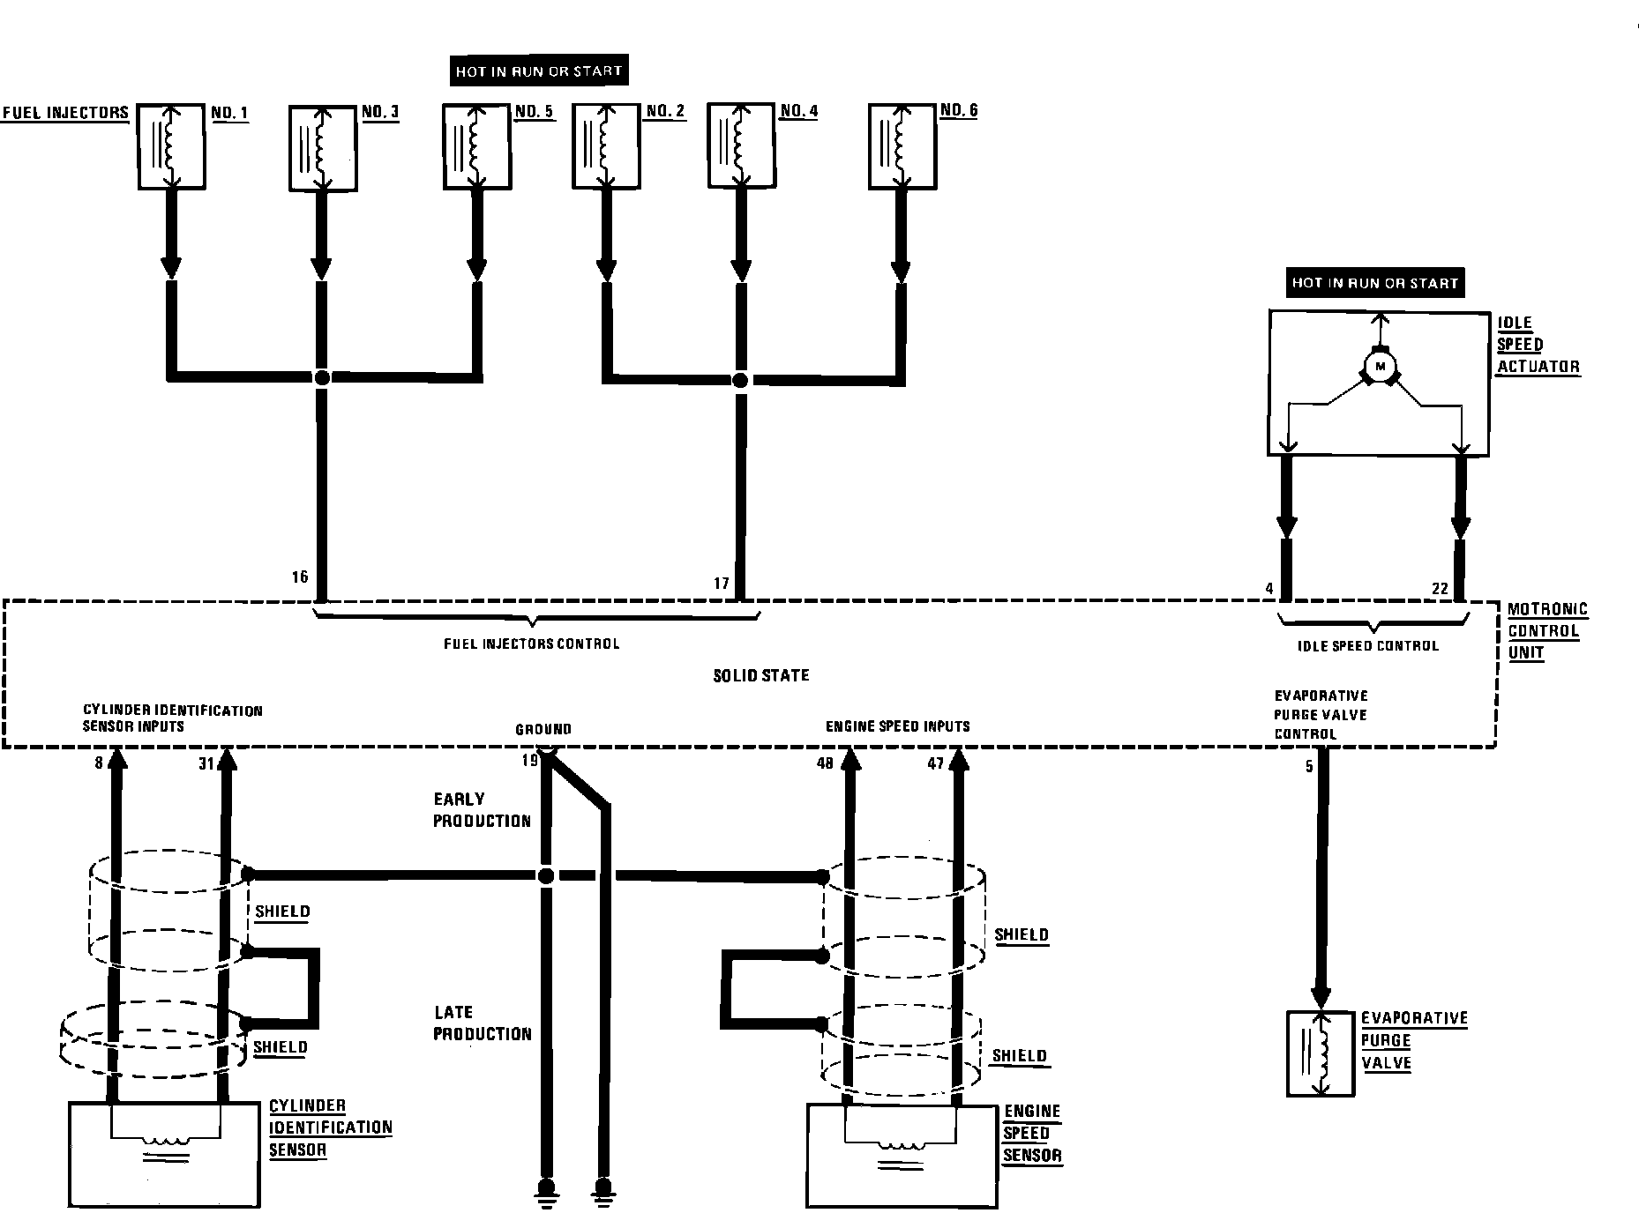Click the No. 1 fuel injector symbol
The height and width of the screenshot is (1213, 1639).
point(172,146)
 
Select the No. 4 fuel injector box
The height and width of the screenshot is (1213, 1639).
point(742,146)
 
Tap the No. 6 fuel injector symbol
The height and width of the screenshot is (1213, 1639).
point(902,146)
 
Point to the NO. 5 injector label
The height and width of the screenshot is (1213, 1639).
point(534,112)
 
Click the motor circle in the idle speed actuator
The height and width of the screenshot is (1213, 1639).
point(1381,366)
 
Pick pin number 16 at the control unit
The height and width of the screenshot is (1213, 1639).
point(300,577)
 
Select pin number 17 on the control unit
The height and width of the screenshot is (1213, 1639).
point(722,584)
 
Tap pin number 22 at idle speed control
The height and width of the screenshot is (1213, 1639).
point(1440,589)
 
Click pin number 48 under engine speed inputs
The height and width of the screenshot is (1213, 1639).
point(825,763)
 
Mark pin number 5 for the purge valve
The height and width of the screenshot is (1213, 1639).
point(1309,766)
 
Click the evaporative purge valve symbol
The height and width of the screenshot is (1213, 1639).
point(1321,1053)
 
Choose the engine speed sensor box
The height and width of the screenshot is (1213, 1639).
point(901,1156)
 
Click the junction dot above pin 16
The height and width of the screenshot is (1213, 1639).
point(322,377)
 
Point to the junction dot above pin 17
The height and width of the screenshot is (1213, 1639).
point(740,381)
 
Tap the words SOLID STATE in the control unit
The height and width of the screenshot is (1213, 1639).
point(760,676)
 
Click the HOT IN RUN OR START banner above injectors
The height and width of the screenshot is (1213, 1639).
point(539,71)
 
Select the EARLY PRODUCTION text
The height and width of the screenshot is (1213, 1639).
point(482,810)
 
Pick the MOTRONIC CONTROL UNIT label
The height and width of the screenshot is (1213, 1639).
point(1546,631)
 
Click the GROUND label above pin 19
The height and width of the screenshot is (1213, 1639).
point(543,729)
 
